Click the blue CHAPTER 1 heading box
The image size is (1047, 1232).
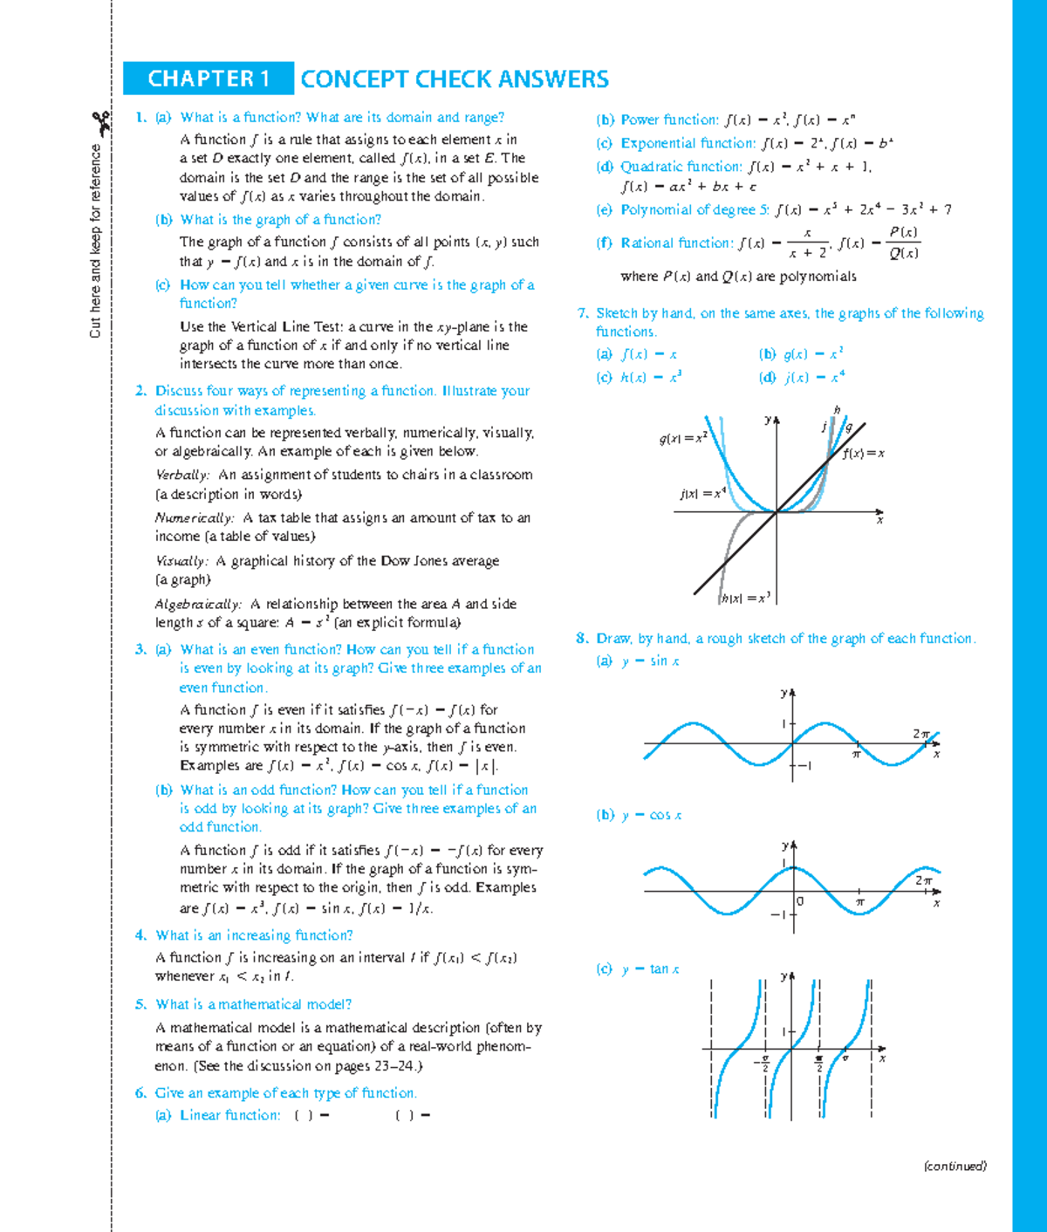209,79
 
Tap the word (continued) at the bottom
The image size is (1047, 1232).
955,1166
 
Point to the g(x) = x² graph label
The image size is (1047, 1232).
683,438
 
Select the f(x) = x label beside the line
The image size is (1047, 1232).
864,454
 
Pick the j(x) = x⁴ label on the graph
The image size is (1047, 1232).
703,494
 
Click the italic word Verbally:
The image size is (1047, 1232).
182,475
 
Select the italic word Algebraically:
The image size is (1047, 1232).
198,604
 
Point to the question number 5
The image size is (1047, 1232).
140,1004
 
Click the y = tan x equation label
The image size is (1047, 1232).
650,968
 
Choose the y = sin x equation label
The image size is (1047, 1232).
650,661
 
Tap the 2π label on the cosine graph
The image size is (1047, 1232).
924,880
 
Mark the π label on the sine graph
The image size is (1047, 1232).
857,754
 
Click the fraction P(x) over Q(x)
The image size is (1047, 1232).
903,243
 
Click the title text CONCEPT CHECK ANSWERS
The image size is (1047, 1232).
455,79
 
